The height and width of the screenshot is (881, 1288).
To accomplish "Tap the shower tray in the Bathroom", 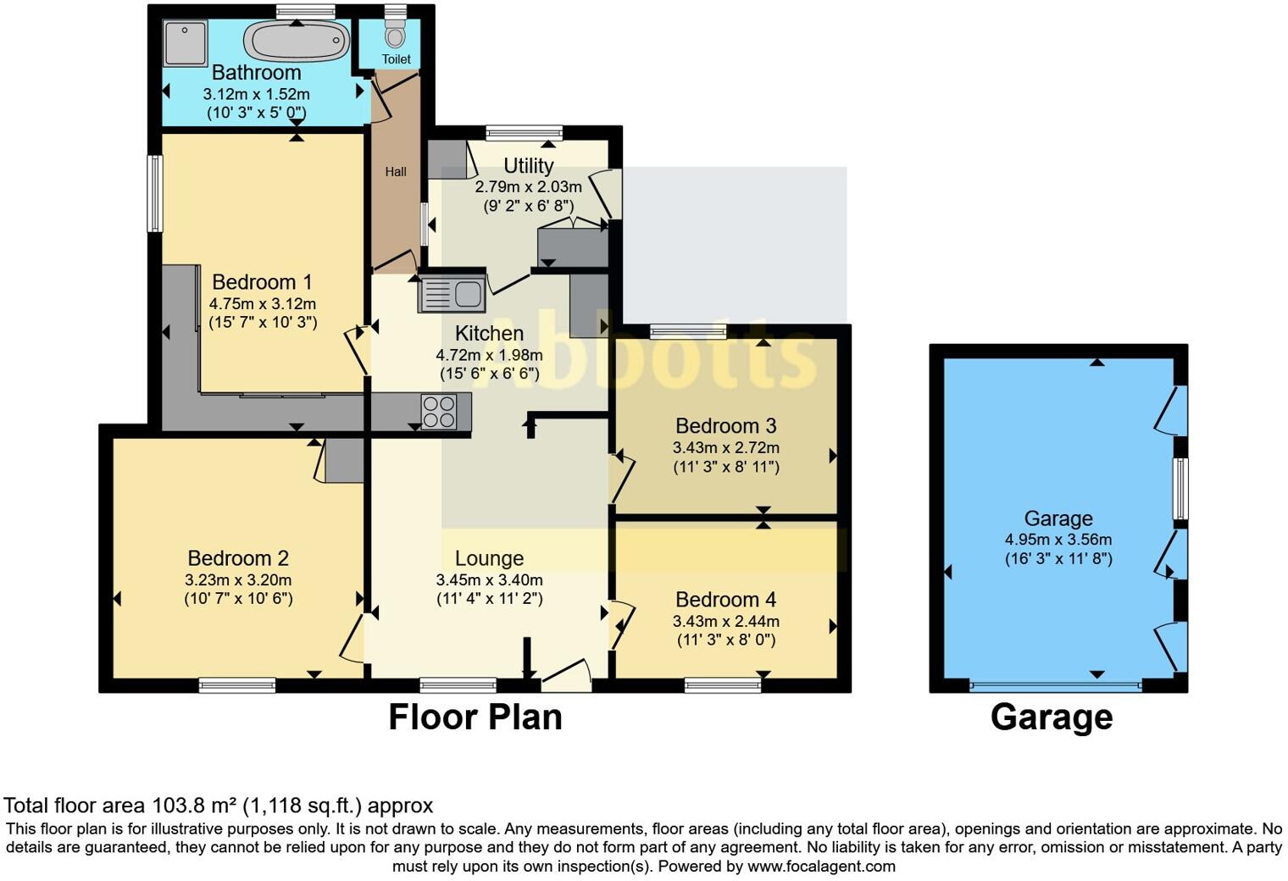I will [185, 43].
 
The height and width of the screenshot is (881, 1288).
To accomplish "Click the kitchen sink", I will [452, 295].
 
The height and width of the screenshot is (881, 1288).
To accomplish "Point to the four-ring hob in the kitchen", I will [438, 413].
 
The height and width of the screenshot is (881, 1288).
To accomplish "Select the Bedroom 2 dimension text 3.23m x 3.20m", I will [238, 580].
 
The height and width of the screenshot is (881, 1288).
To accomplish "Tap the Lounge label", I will [489, 558].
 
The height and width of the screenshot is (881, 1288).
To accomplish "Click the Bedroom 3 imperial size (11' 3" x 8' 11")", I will [725, 467].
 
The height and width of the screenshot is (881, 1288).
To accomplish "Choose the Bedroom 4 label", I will [725, 600].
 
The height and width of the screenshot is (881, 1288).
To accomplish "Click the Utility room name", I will [528, 166].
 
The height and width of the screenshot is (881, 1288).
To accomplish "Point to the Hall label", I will [396, 172].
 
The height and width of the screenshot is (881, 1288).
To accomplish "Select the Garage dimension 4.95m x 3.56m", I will [1058, 540].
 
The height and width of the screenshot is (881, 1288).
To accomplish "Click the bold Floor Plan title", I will [475, 718].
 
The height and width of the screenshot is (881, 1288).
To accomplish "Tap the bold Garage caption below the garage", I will [1051, 718].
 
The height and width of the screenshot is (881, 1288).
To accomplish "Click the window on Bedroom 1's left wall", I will [154, 193].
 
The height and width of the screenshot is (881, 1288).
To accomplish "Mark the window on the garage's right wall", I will [1180, 489].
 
